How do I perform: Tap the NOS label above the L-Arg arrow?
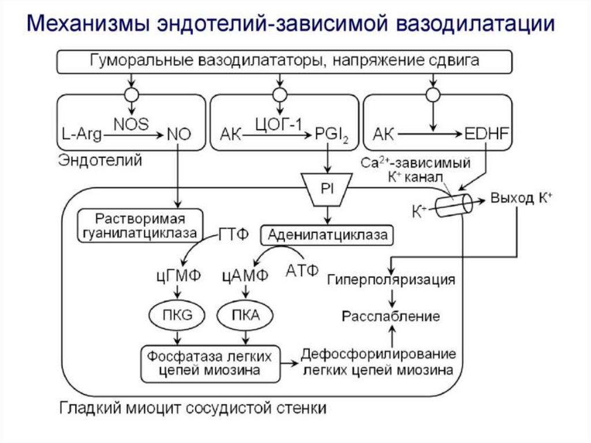click(131, 124)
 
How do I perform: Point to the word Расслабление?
click(391, 316)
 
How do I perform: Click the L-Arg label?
click(81, 135)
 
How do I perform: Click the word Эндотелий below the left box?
click(100, 161)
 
